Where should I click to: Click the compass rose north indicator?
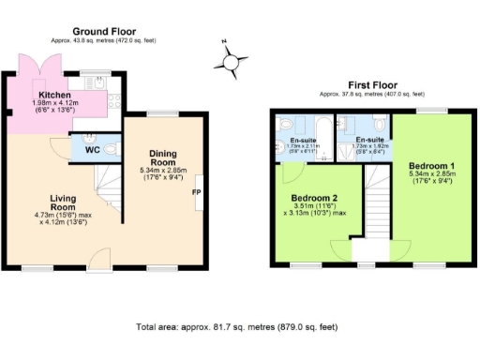point(228,61)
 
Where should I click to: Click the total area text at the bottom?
point(238,327)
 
